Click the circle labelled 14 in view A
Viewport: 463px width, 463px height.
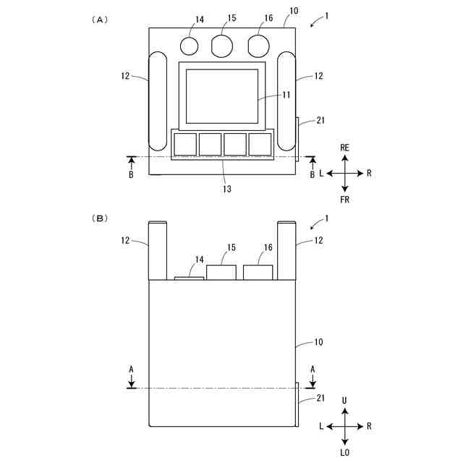(x=189, y=46)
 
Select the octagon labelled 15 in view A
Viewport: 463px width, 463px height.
(x=223, y=46)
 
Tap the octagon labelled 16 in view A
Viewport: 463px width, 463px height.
(x=258, y=46)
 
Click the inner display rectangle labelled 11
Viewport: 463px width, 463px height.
(x=222, y=96)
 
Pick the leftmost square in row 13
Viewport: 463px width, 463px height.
(x=185, y=144)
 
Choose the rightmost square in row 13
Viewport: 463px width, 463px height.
(x=260, y=144)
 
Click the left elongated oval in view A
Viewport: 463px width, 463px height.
(x=158, y=100)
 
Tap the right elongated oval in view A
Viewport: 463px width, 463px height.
(x=286, y=100)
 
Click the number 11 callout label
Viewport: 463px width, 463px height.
(x=286, y=95)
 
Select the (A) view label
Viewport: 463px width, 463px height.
(x=100, y=20)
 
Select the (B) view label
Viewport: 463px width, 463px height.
(x=100, y=217)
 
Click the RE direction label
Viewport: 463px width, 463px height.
(x=345, y=148)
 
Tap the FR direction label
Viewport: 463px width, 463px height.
(x=345, y=199)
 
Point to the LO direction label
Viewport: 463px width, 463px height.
(x=345, y=452)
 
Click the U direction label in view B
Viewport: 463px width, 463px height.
(x=345, y=400)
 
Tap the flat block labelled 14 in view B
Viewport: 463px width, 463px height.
(x=190, y=277)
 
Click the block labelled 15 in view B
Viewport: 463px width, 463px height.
(x=221, y=273)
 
